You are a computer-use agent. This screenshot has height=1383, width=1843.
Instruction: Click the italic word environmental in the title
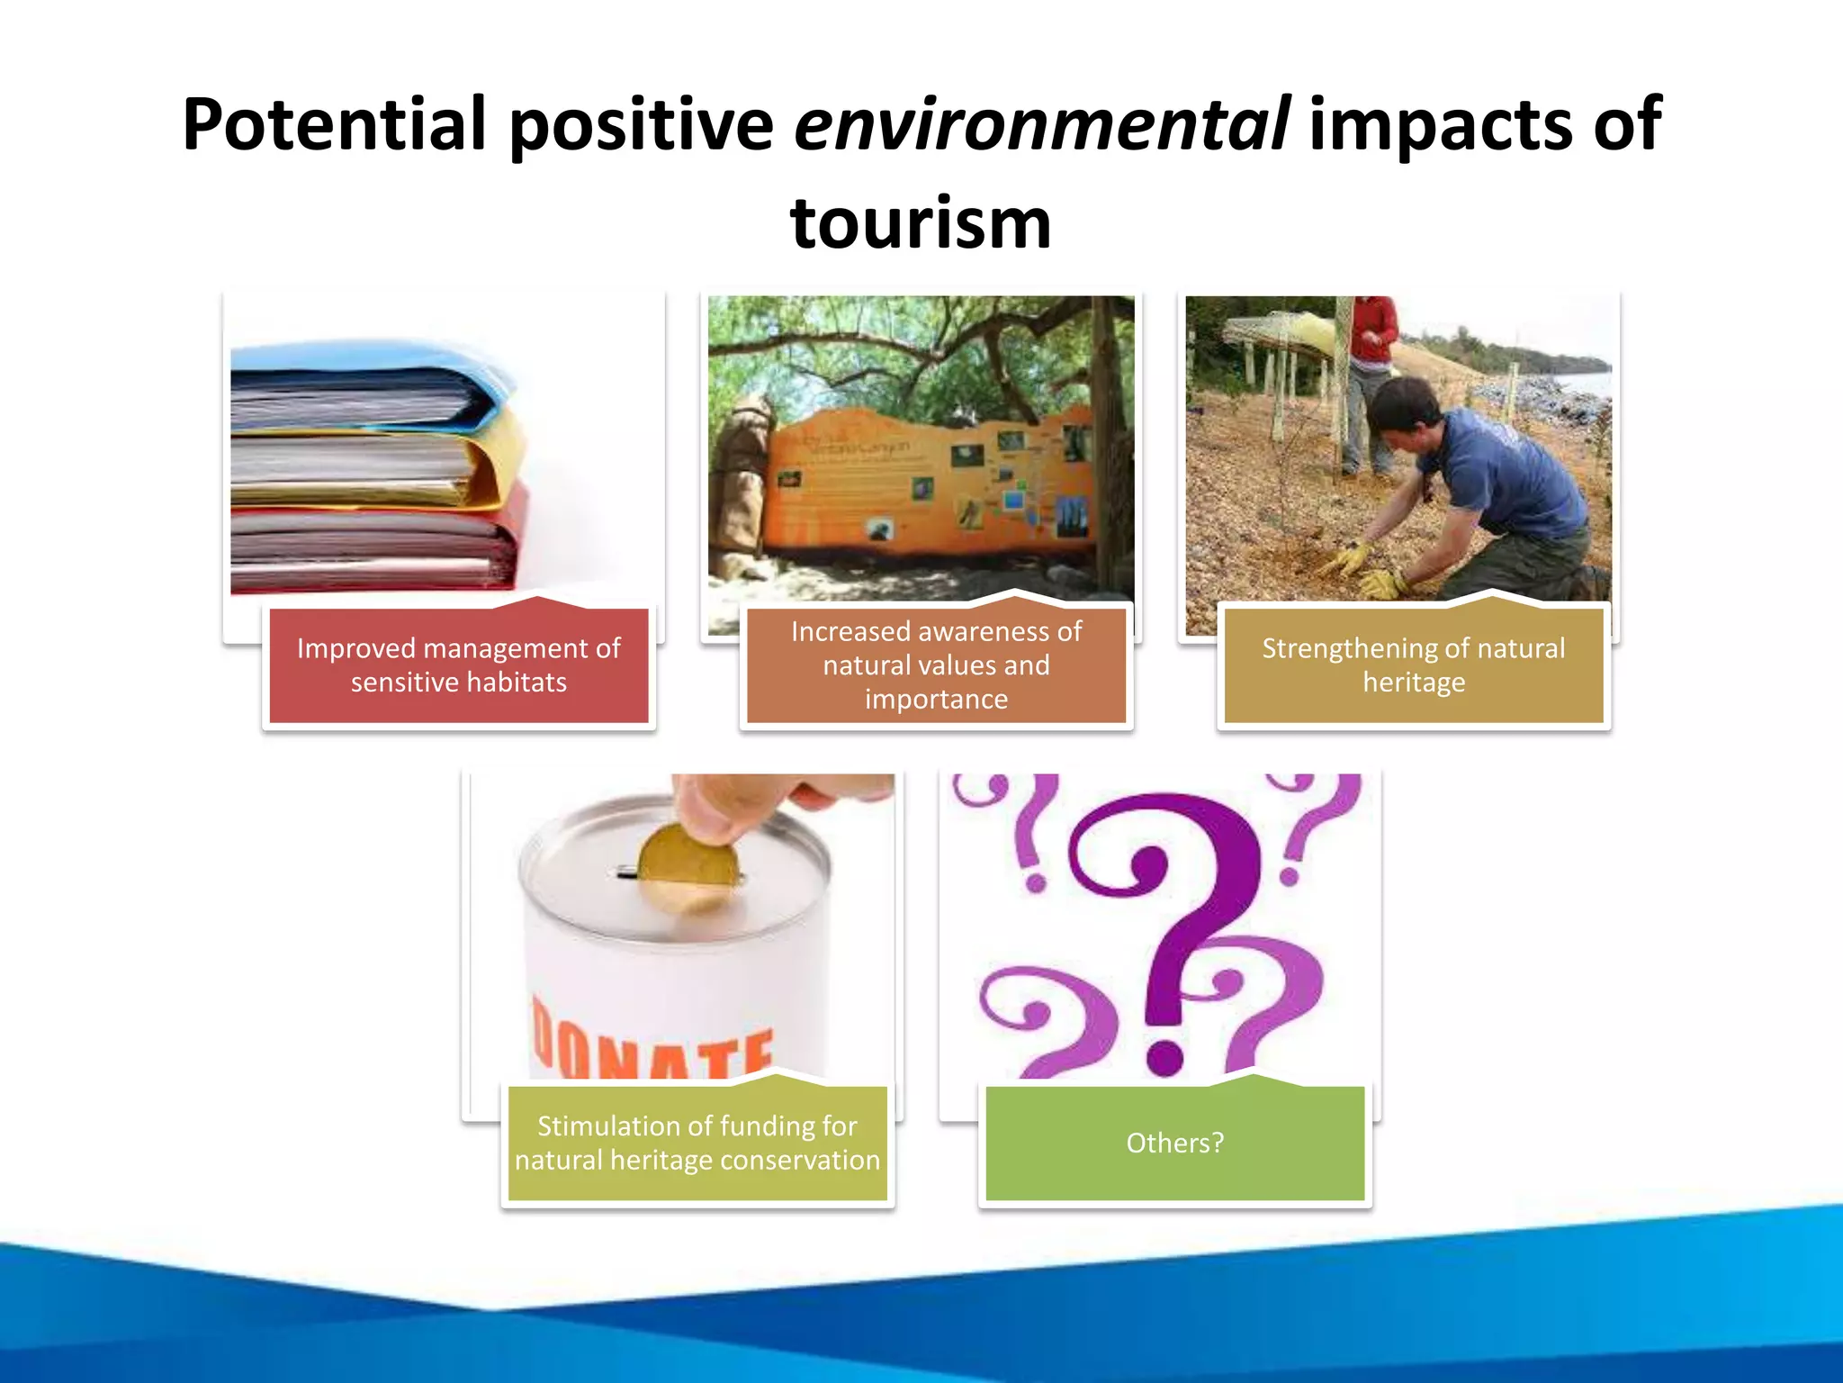tap(1041, 124)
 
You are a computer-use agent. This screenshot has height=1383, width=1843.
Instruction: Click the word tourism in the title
tap(921, 223)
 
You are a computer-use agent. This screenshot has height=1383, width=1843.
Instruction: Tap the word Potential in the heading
tap(334, 124)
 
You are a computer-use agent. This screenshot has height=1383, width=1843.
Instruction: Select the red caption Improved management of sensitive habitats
tap(458, 665)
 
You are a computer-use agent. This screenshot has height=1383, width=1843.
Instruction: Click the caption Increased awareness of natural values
tap(936, 665)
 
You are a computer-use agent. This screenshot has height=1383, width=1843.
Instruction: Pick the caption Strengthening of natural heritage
tap(1413, 665)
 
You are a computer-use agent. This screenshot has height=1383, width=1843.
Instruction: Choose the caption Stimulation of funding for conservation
tap(697, 1143)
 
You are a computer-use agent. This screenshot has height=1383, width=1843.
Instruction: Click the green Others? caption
tap(1174, 1143)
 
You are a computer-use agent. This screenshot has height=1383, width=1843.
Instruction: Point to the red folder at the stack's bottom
tap(378, 549)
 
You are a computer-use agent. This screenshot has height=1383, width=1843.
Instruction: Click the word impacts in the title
tap(1441, 124)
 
